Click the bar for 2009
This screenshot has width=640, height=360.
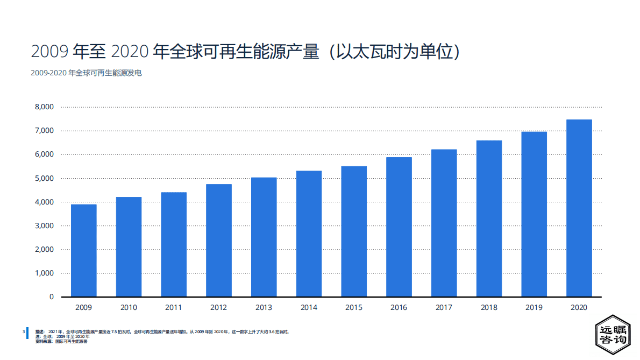(84, 250)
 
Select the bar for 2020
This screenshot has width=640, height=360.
(579, 208)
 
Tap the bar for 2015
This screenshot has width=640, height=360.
(354, 231)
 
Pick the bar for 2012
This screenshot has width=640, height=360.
(219, 240)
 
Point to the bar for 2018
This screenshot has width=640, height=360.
(489, 218)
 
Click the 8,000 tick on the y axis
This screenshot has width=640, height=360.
(44, 107)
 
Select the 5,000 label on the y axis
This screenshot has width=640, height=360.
(44, 178)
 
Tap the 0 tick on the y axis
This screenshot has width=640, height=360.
(52, 297)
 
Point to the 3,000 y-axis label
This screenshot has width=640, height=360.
(44, 225)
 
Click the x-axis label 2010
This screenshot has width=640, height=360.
(129, 308)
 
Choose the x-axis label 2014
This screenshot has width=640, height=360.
(309, 308)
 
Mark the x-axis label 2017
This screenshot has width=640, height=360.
(444, 308)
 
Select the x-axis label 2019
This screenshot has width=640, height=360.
(534, 308)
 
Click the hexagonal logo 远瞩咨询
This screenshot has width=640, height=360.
(613, 335)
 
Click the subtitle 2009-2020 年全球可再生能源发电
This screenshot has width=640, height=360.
(86, 73)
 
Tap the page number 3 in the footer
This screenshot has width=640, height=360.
(23, 331)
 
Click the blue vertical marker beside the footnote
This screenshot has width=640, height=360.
(27, 334)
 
